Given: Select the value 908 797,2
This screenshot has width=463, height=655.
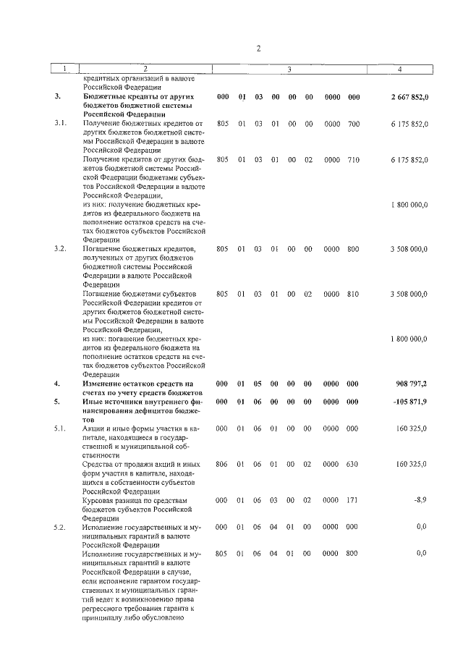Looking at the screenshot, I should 412,383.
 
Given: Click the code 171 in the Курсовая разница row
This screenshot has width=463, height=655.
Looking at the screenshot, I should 353,499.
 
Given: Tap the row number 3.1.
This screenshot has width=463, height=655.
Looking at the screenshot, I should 60,124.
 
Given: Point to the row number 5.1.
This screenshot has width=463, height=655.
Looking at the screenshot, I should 60,428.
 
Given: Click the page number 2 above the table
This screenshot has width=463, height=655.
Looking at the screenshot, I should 258,48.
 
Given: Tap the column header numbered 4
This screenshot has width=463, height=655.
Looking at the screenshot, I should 400,69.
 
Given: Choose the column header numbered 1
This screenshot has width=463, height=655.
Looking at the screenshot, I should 64,69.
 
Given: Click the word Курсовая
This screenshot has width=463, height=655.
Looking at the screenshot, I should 101,500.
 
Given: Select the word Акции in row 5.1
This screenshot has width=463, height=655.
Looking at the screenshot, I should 95,428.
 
